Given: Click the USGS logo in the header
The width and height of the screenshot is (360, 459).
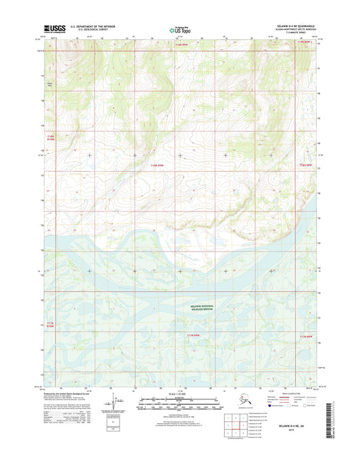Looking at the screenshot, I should pyautogui.click(x=53, y=28).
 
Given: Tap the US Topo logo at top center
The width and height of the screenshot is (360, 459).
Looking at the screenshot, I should pyautogui.click(x=178, y=29).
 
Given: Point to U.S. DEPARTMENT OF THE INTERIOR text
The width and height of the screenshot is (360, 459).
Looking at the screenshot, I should pyautogui.click(x=89, y=26).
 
